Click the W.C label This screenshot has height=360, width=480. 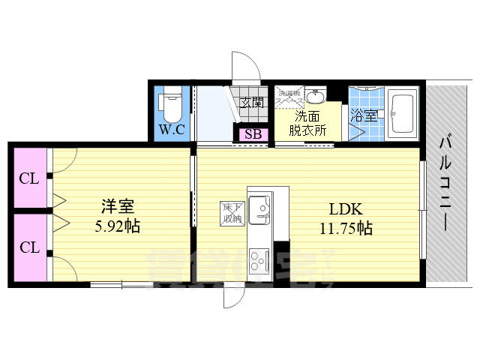171,129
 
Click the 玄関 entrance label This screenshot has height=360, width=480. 253,103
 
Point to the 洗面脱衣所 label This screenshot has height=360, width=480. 307,122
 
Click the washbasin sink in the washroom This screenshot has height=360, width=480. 316,97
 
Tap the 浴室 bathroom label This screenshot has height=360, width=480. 364,115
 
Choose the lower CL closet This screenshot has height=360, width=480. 29,247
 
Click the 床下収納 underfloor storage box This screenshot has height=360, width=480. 230,213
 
